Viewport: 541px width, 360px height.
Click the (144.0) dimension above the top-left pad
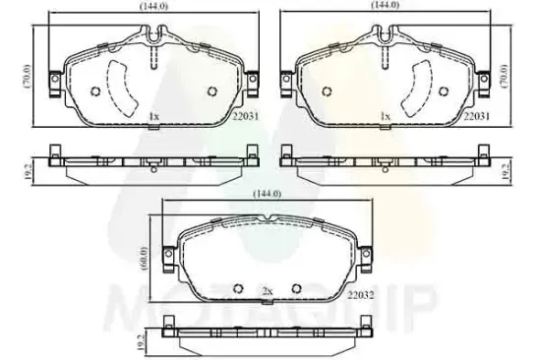(x=153, y=6)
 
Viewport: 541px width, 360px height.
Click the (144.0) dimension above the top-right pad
(x=385, y=5)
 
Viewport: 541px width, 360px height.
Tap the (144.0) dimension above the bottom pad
(x=268, y=194)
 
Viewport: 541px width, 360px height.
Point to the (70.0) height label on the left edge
(x=28, y=76)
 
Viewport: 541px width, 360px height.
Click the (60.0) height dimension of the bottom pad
(x=144, y=259)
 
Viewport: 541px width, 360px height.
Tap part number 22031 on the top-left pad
(x=245, y=116)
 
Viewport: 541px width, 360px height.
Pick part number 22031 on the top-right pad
(x=476, y=116)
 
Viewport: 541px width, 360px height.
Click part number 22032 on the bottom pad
(x=361, y=295)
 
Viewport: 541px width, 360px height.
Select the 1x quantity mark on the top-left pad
(x=154, y=117)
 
